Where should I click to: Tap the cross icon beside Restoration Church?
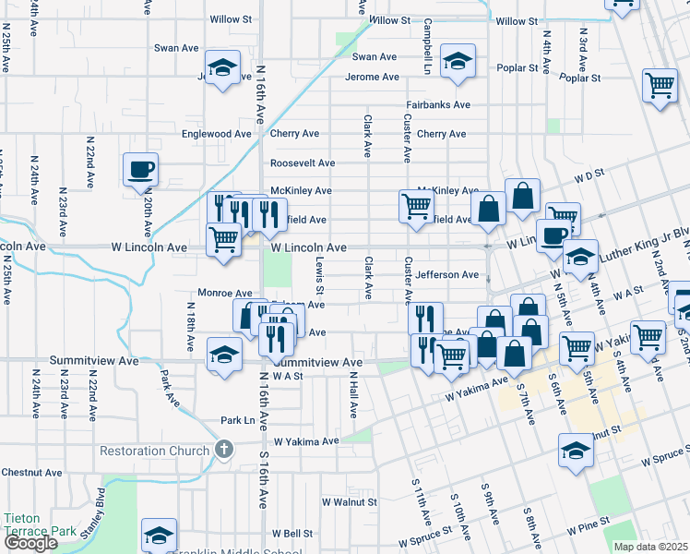pos(222,450)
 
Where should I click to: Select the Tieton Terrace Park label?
pos(39,524)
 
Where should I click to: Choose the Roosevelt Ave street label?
pos(302,163)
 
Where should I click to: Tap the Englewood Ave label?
pos(217,134)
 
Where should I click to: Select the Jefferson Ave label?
pos(446,275)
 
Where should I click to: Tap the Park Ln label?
pos(237,420)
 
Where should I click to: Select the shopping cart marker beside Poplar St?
pos(660,85)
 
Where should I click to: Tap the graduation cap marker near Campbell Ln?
pos(457,60)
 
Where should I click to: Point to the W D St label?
pos(588,173)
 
